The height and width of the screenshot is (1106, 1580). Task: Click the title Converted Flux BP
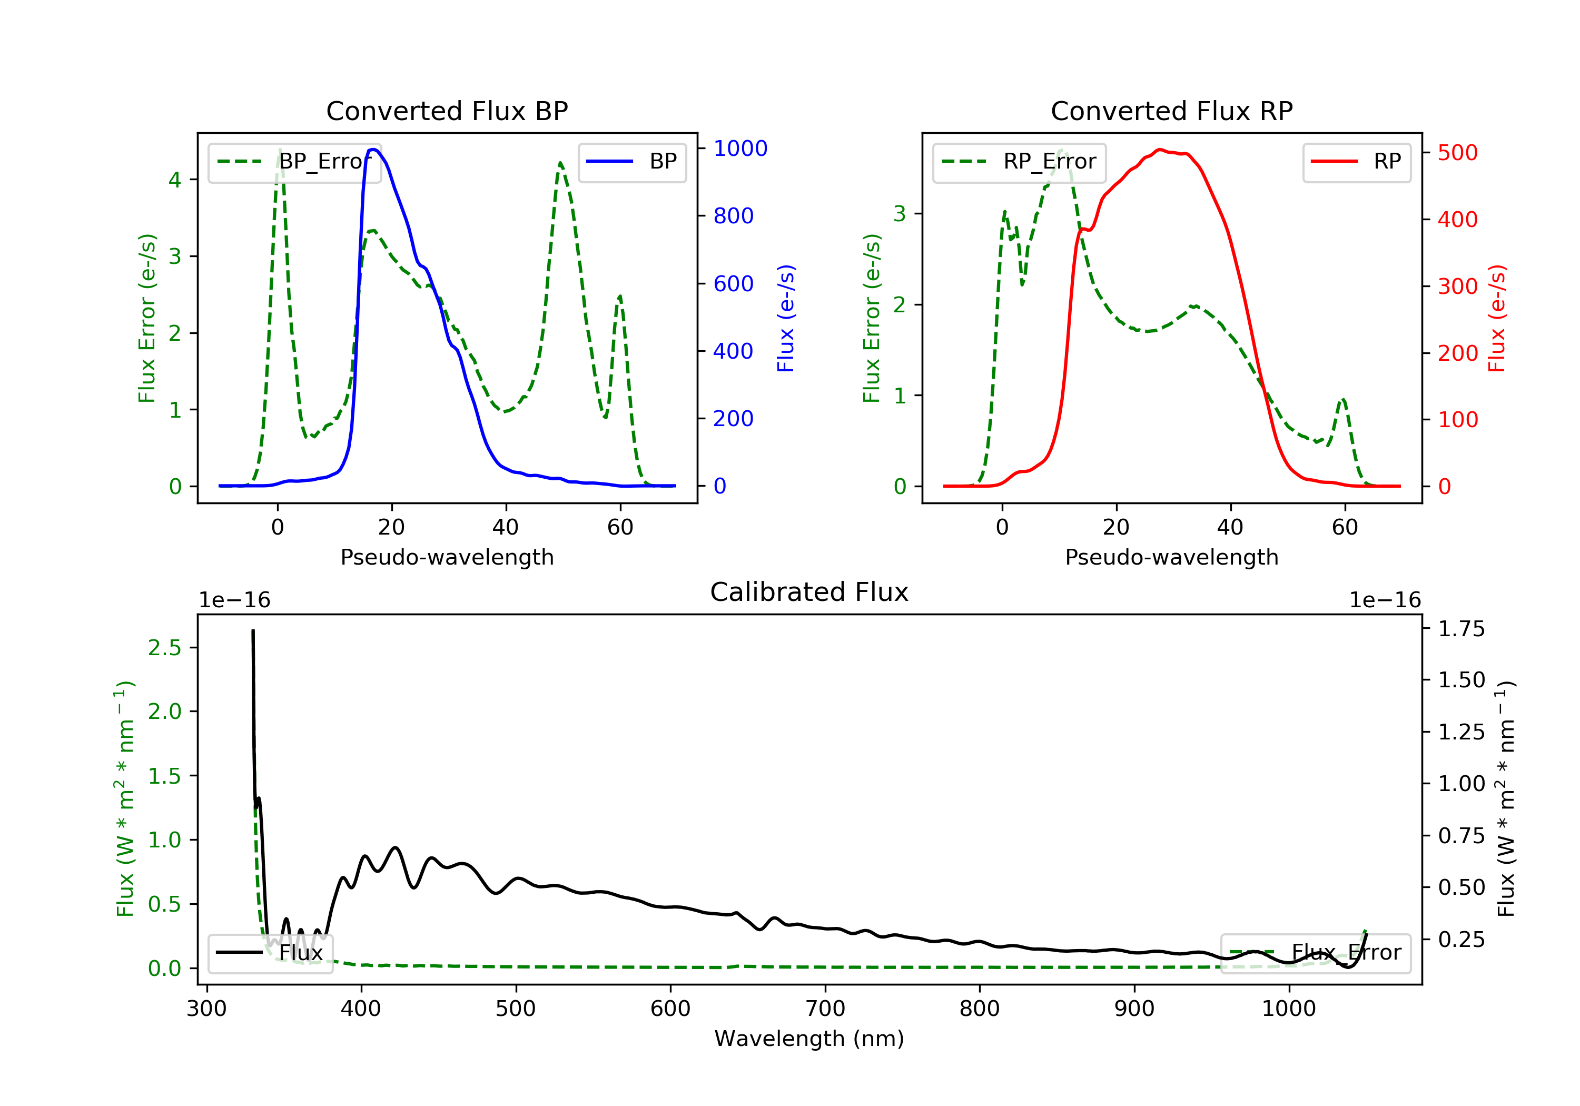(x=447, y=111)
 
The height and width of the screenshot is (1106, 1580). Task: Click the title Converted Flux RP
(x=1171, y=111)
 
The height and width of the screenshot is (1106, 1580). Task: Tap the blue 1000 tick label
(x=740, y=149)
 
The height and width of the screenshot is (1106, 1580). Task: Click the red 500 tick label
(x=1457, y=153)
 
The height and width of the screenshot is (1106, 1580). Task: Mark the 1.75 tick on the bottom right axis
(x=1461, y=629)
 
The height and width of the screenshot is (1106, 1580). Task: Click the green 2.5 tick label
(x=164, y=648)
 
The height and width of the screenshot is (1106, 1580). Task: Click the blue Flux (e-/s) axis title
(x=786, y=318)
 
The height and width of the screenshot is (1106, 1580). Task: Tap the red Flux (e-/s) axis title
(x=1497, y=318)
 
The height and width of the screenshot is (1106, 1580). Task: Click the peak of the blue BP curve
(x=373, y=150)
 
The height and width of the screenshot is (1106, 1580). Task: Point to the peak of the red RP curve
(x=1160, y=150)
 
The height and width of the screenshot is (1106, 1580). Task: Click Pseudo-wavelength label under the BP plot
(x=447, y=557)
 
